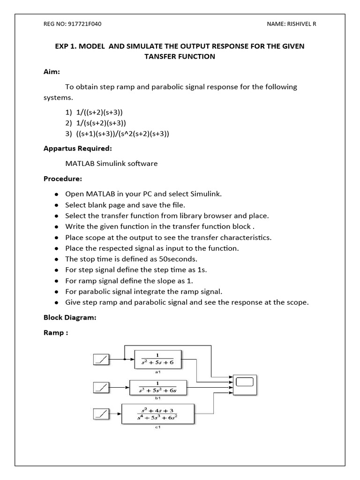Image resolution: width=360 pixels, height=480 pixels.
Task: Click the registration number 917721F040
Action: [x=85, y=24]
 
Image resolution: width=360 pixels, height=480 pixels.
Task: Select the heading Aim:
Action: [x=52, y=72]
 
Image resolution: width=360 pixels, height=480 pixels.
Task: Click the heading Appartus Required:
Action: [x=77, y=149]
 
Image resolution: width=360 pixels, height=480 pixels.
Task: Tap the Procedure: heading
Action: [x=63, y=179]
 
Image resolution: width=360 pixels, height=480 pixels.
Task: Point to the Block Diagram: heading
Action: [x=70, y=317]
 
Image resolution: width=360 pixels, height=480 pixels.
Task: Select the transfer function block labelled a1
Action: [x=157, y=360]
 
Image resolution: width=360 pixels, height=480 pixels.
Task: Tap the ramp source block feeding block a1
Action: [x=101, y=360]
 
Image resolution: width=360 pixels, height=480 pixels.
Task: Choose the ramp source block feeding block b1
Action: [x=101, y=387]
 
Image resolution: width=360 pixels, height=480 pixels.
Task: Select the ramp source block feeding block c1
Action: [x=101, y=414]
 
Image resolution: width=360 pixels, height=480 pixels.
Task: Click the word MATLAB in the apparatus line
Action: [x=79, y=164]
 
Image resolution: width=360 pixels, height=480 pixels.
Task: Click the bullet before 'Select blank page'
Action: [x=56, y=205]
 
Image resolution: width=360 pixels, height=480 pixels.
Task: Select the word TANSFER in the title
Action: [x=162, y=57]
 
